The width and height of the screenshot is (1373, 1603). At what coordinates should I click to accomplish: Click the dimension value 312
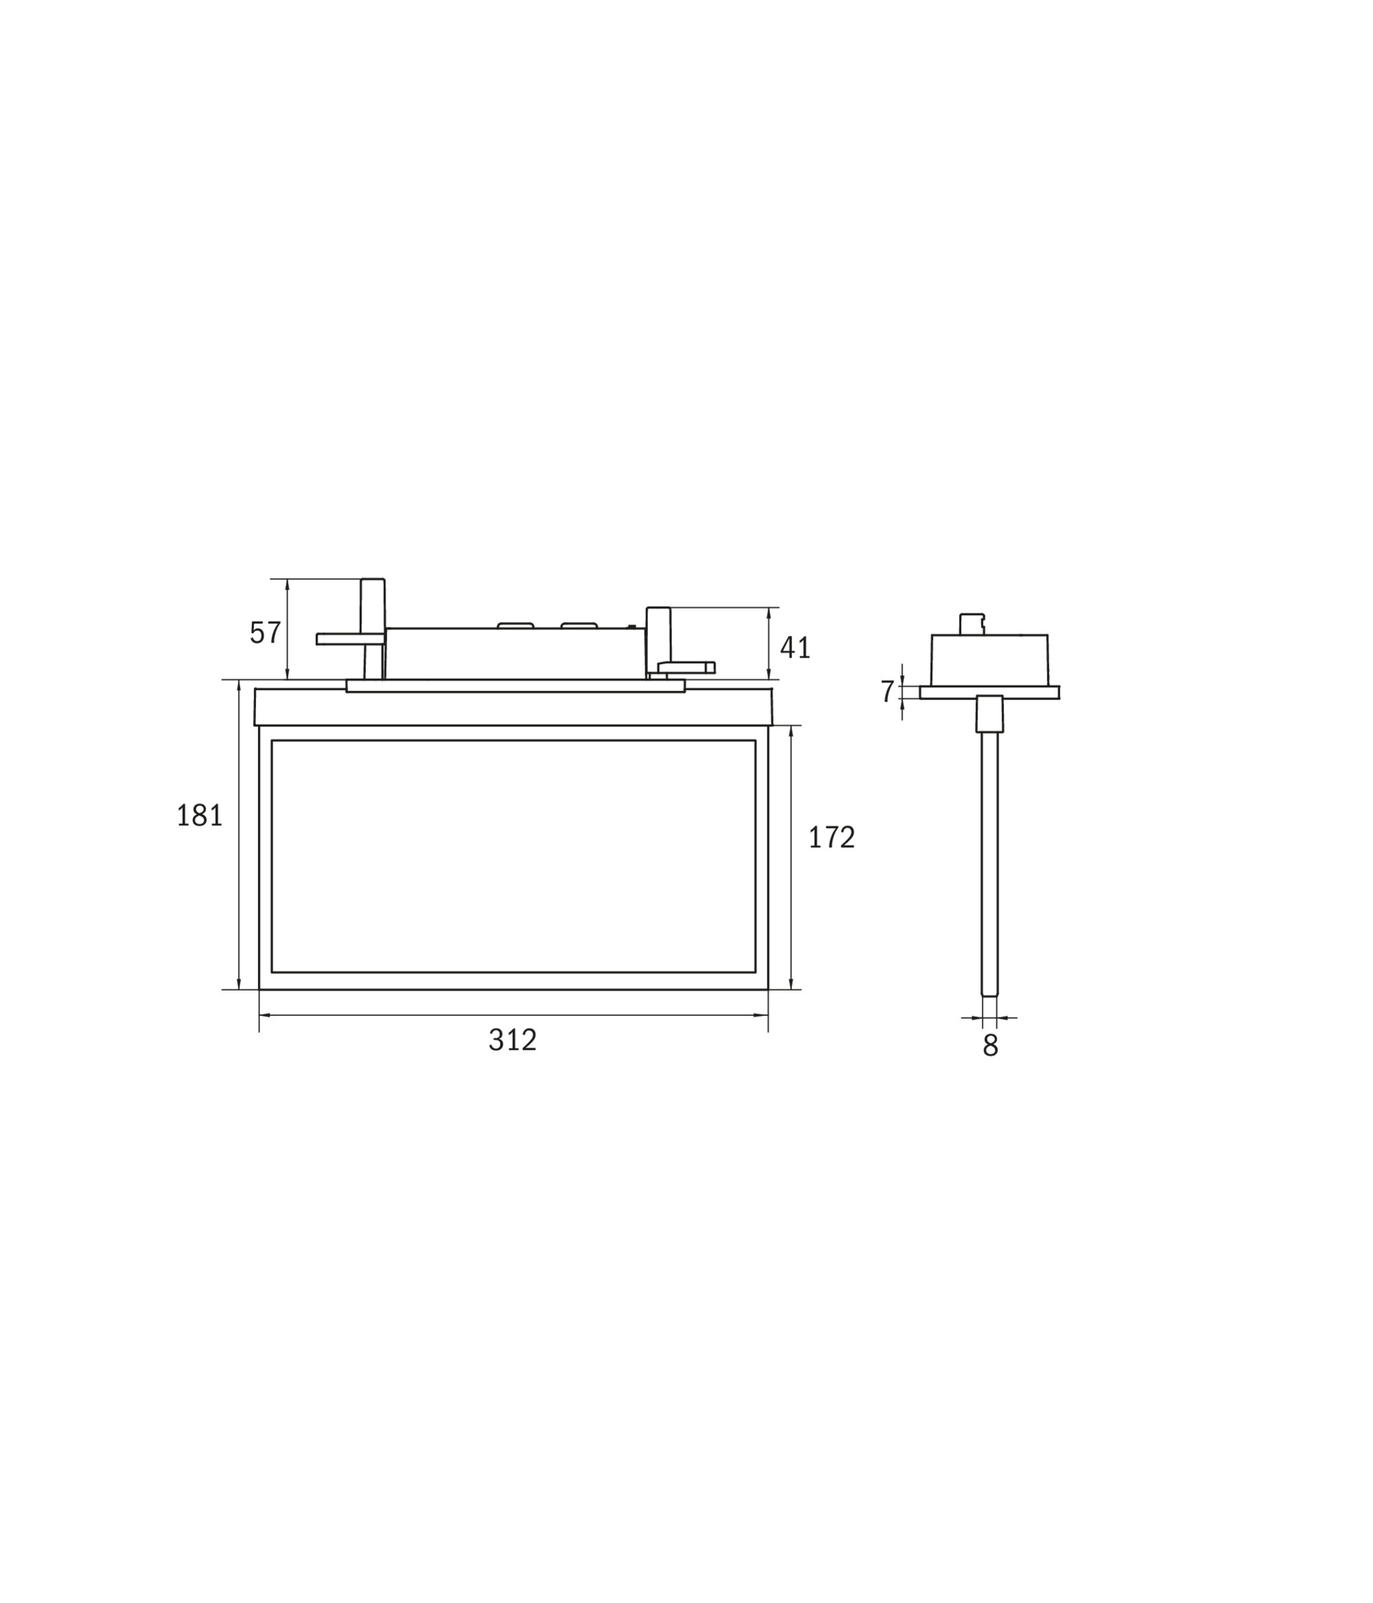click(x=512, y=1040)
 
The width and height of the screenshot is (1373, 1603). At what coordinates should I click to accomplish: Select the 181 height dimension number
click(x=200, y=815)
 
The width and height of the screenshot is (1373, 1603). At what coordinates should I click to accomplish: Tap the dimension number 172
click(x=831, y=837)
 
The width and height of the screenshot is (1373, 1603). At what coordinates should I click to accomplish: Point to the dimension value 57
click(x=265, y=632)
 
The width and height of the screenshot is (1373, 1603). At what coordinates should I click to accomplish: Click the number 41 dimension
click(x=795, y=647)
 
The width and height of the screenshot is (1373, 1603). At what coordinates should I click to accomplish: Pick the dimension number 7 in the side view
click(x=887, y=691)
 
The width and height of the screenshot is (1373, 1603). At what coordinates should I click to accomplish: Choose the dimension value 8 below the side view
click(x=990, y=1045)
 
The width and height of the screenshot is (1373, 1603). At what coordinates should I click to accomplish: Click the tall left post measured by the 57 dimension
click(x=373, y=628)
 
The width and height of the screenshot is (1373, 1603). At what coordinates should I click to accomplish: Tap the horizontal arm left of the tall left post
click(x=349, y=638)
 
